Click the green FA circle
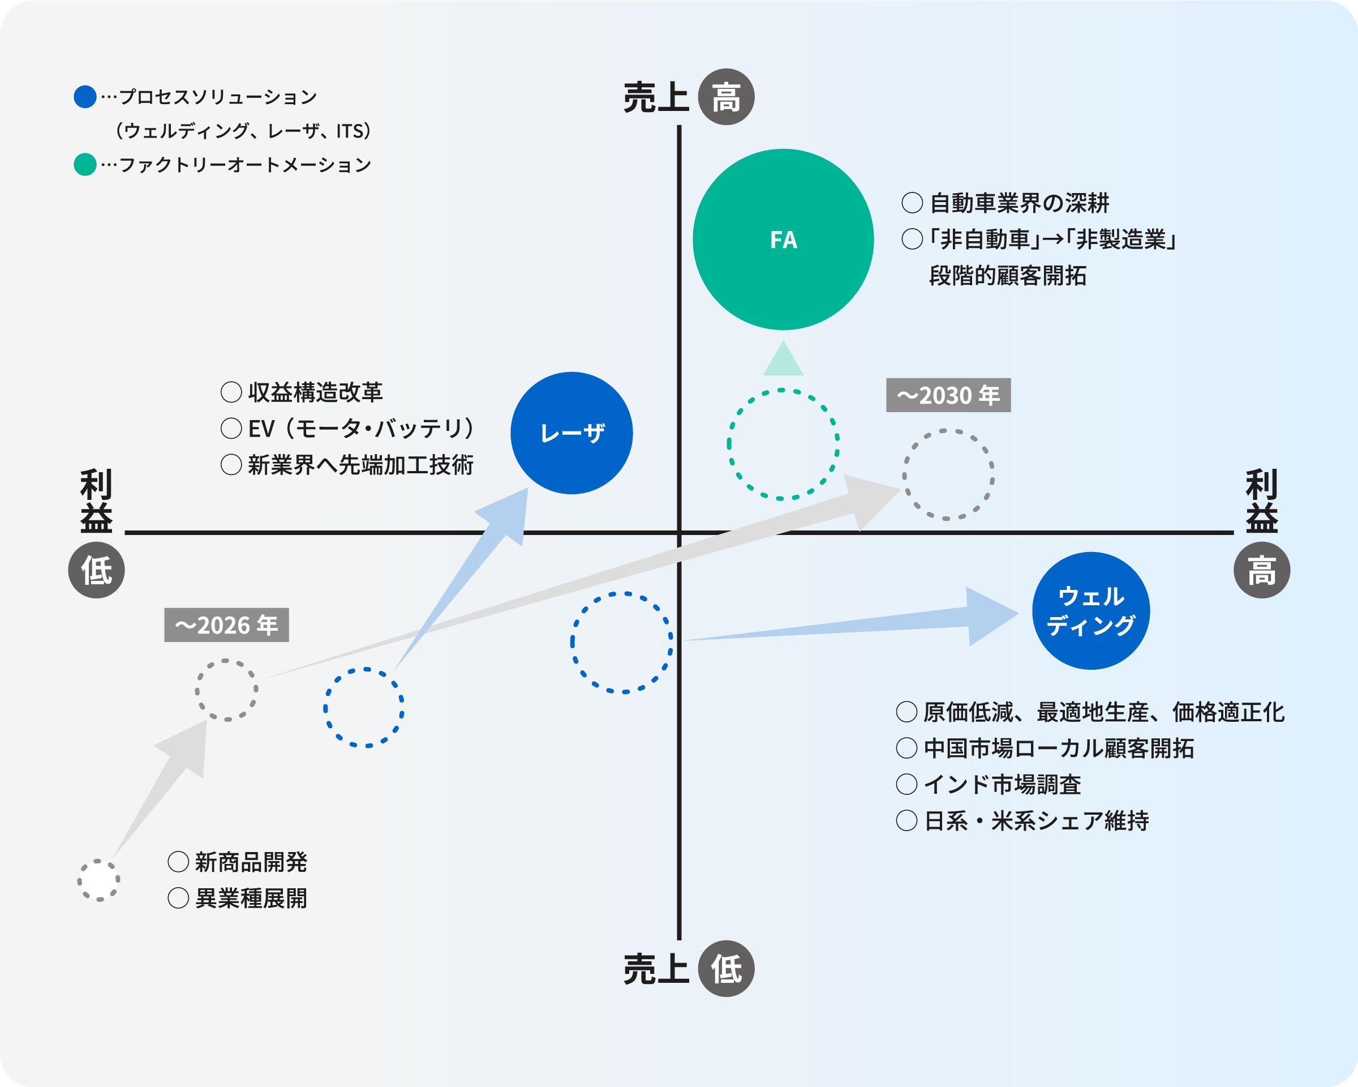(783, 239)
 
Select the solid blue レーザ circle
(571, 433)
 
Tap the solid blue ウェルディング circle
(1091, 611)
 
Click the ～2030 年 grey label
(948, 395)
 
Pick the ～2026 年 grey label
(226, 625)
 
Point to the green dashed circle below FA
(783, 444)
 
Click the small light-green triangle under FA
(783, 361)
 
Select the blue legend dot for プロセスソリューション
(85, 97)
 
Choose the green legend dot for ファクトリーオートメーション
(85, 165)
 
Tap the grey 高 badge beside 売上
(726, 97)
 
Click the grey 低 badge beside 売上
(726, 969)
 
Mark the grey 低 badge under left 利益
(96, 570)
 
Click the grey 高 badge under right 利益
(1262, 570)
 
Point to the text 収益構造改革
(315, 392)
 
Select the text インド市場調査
(1002, 785)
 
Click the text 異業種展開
(251, 898)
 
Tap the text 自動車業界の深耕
(1019, 203)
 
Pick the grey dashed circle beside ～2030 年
(948, 474)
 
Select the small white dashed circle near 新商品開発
(99, 880)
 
